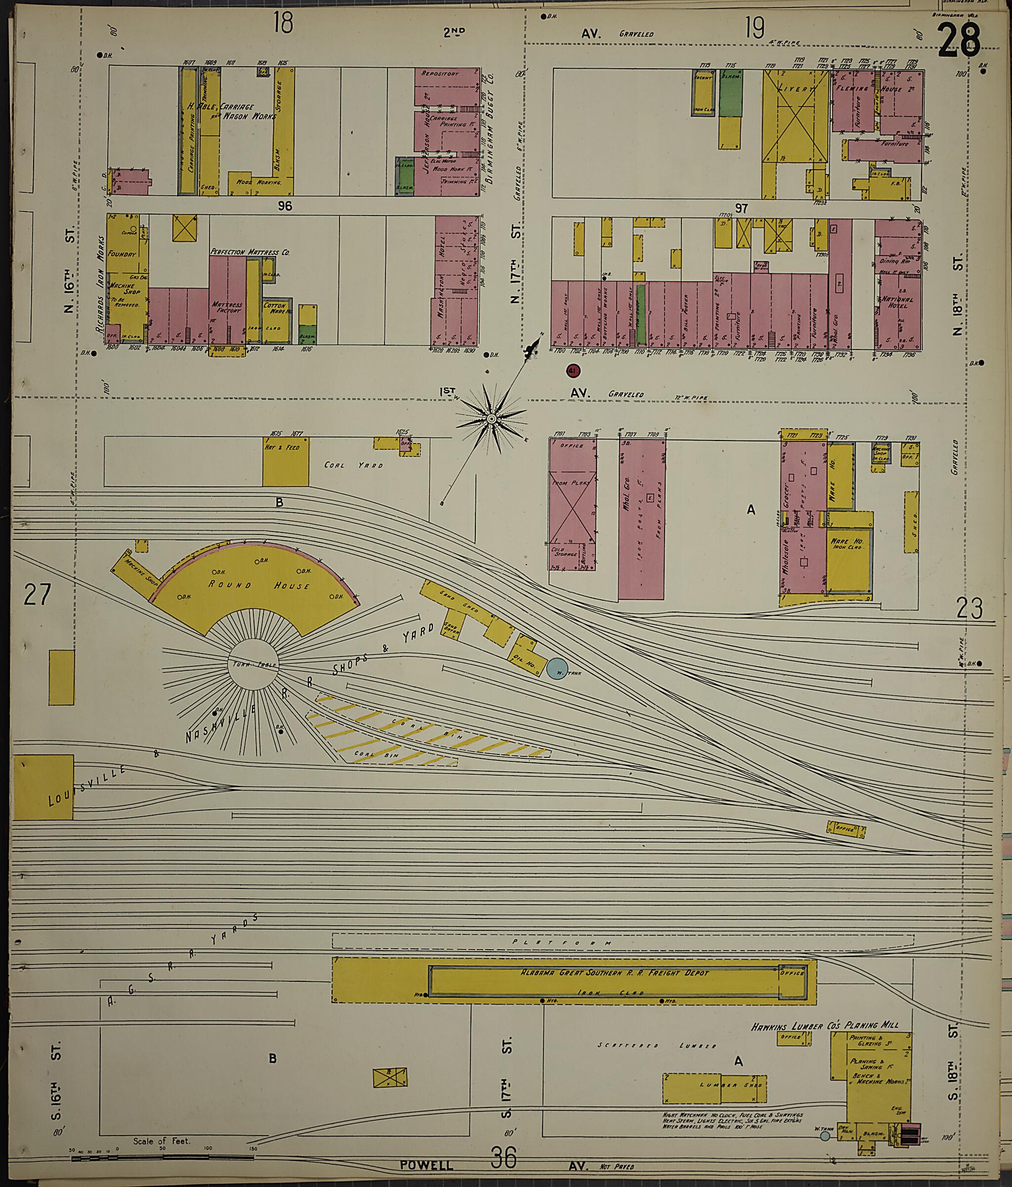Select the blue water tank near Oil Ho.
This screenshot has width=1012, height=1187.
coord(554,668)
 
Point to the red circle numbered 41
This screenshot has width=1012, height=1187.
coord(572,371)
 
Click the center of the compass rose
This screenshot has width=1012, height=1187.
coord(491,419)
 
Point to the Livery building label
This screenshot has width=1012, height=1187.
coord(796,89)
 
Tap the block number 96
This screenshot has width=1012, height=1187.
coord(285,206)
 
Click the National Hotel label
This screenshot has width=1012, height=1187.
coord(897,303)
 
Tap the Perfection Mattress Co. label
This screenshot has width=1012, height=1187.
coord(250,252)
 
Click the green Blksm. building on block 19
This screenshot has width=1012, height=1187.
coord(730,94)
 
